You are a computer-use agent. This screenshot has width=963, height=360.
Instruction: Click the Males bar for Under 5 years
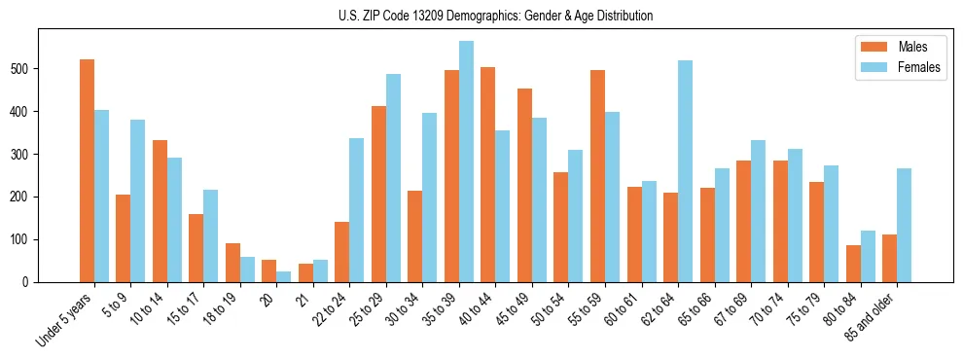tap(87, 170)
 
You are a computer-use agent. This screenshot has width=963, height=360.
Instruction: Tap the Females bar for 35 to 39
tap(466, 162)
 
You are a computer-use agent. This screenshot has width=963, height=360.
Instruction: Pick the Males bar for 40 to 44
tap(488, 174)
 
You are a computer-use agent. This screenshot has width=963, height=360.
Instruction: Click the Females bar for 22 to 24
tap(357, 210)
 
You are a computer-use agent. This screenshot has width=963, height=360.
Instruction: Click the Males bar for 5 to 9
tap(124, 238)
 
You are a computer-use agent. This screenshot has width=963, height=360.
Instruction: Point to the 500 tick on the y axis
tap(39, 69)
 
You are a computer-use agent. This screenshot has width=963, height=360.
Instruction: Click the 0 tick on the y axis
tap(39, 282)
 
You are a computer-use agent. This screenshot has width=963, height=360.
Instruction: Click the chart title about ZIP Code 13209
tap(481, 16)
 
